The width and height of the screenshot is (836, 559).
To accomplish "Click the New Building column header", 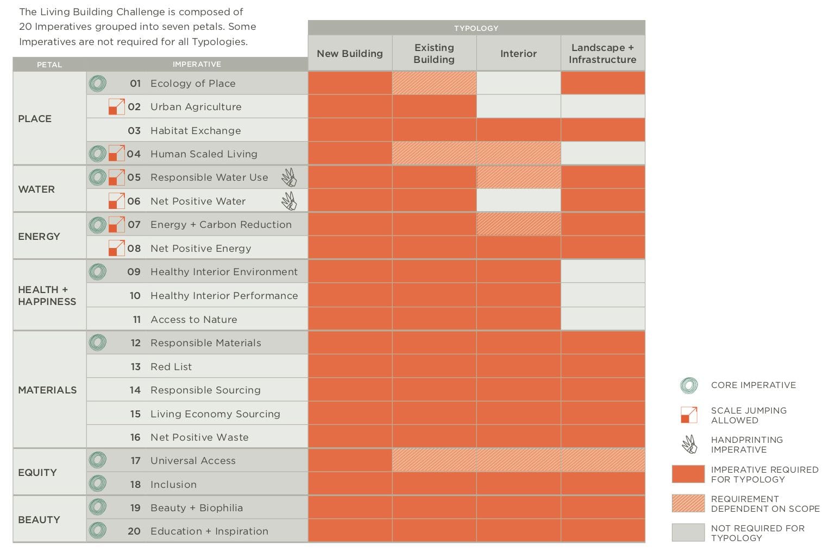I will point(350,54).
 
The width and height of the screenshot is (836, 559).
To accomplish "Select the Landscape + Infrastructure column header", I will point(602,54).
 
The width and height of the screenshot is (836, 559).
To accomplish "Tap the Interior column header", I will point(518,54).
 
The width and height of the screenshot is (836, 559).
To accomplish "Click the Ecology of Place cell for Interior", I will point(518,83).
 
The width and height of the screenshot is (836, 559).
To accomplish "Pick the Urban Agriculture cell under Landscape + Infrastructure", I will point(602,106).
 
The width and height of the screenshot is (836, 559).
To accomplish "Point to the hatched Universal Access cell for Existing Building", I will point(434,460).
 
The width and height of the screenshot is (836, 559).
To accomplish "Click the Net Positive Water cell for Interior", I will point(518,201).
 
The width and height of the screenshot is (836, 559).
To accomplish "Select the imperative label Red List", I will point(171,367).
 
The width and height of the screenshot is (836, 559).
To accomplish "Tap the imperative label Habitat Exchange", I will point(196,131).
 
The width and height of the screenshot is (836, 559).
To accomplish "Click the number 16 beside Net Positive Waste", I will point(135,437).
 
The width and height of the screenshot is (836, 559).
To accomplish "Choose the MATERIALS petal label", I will point(47,390).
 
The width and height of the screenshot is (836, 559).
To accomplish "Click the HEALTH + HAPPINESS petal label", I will point(47,296).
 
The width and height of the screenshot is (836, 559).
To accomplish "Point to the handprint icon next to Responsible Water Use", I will point(289,177).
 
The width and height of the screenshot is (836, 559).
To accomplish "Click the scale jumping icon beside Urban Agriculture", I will point(116,106).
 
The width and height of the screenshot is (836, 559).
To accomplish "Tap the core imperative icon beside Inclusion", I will point(98,484).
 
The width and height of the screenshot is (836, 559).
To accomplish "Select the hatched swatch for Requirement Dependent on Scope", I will point(688,503).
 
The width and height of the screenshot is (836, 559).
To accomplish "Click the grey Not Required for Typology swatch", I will point(688,532).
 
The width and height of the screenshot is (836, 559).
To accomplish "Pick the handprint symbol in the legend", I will point(689,444).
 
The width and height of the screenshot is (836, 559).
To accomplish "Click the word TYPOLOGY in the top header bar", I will point(476,28).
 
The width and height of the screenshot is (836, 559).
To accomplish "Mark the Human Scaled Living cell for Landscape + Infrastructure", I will point(602,154).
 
